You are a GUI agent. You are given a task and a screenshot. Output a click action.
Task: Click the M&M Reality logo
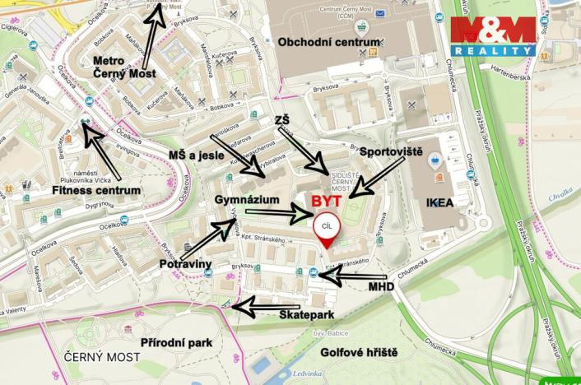coord(493,36)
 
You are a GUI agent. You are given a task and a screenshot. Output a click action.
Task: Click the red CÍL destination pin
coord(326,230)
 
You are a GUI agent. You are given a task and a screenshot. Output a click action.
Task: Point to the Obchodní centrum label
coord(329,41)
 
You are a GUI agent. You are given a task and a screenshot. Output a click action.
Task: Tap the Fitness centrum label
coord(95,191)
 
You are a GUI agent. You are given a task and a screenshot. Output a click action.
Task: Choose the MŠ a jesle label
coord(195,156)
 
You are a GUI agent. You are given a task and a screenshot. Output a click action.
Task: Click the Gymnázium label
coord(243,200)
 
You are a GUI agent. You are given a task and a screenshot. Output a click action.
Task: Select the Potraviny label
coord(186,263)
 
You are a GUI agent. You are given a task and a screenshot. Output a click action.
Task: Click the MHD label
coord(381,287)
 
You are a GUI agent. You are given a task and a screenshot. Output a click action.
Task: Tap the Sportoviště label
coord(392,152)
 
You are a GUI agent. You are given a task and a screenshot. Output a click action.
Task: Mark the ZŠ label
coord(282,121)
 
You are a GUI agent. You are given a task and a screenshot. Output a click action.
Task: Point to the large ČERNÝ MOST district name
coord(102,357)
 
